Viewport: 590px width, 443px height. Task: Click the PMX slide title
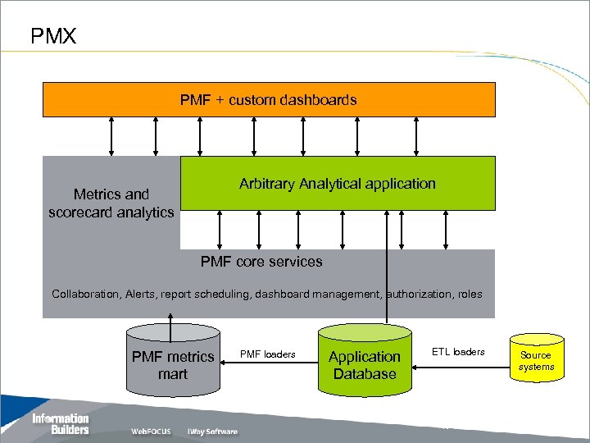[x=53, y=36]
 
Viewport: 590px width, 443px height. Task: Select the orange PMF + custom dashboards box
[x=269, y=100]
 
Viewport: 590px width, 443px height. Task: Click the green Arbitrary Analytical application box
[x=338, y=184]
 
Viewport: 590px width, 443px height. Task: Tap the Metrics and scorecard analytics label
[x=111, y=203]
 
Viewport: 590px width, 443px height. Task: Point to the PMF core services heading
[x=261, y=262]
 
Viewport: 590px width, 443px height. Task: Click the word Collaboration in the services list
[x=85, y=294]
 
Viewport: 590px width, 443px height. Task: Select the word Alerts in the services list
[x=140, y=294]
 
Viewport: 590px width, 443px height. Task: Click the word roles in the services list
[x=469, y=294]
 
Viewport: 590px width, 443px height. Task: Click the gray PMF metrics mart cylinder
[x=172, y=361]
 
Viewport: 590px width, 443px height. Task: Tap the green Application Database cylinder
[x=364, y=361]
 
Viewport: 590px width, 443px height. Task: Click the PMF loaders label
[x=267, y=354]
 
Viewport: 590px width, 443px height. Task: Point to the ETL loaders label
[x=458, y=352]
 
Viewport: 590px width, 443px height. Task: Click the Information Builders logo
[x=61, y=424]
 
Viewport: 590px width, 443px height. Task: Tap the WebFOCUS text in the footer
[x=151, y=432]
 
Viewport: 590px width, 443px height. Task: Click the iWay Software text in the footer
[x=212, y=432]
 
